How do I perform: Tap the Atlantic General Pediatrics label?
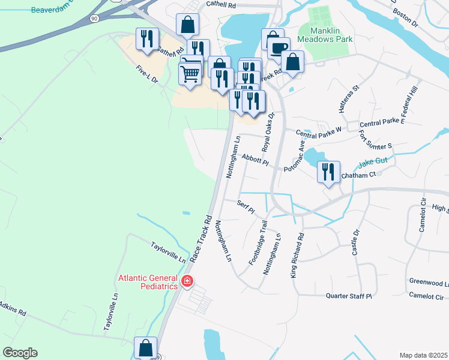click(x=148, y=282)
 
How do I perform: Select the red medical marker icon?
click(x=187, y=281)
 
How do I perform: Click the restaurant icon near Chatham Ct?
click(x=328, y=172)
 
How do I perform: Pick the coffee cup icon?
click(x=279, y=49)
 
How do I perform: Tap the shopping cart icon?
click(x=190, y=74)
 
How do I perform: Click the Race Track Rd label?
click(x=201, y=239)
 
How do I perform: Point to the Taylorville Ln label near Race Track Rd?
click(x=168, y=253)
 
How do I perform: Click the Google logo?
click(x=20, y=353)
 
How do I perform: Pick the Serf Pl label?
click(x=246, y=208)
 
